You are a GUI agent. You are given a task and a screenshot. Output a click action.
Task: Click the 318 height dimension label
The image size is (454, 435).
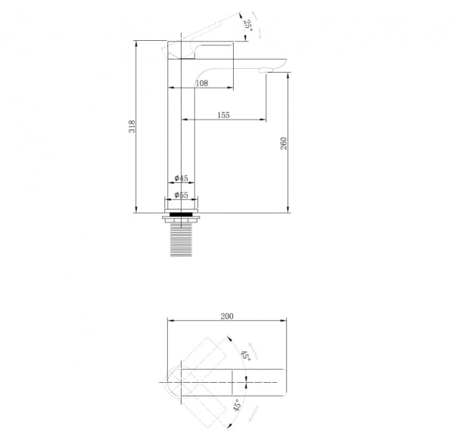tap(132, 126)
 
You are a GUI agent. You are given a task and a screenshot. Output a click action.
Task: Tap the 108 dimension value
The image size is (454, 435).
tap(202, 83)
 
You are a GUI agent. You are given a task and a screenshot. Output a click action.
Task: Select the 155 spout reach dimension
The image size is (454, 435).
tap(223, 115)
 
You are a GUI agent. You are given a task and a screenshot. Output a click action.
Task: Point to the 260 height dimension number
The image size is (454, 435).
tap(284, 143)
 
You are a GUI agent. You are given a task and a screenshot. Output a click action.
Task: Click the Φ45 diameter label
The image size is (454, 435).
tap(182, 178)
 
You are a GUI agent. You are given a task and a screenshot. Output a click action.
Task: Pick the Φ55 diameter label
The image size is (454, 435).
tap(182, 195)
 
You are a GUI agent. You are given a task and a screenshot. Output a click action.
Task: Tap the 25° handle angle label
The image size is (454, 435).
tap(248, 26)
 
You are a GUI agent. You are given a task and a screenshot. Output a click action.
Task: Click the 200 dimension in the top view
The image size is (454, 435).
tap(227, 316)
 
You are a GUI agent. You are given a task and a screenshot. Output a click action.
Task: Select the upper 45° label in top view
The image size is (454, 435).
tap(246, 355)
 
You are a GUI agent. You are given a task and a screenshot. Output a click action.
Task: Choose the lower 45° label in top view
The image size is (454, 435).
tap(237, 405)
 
